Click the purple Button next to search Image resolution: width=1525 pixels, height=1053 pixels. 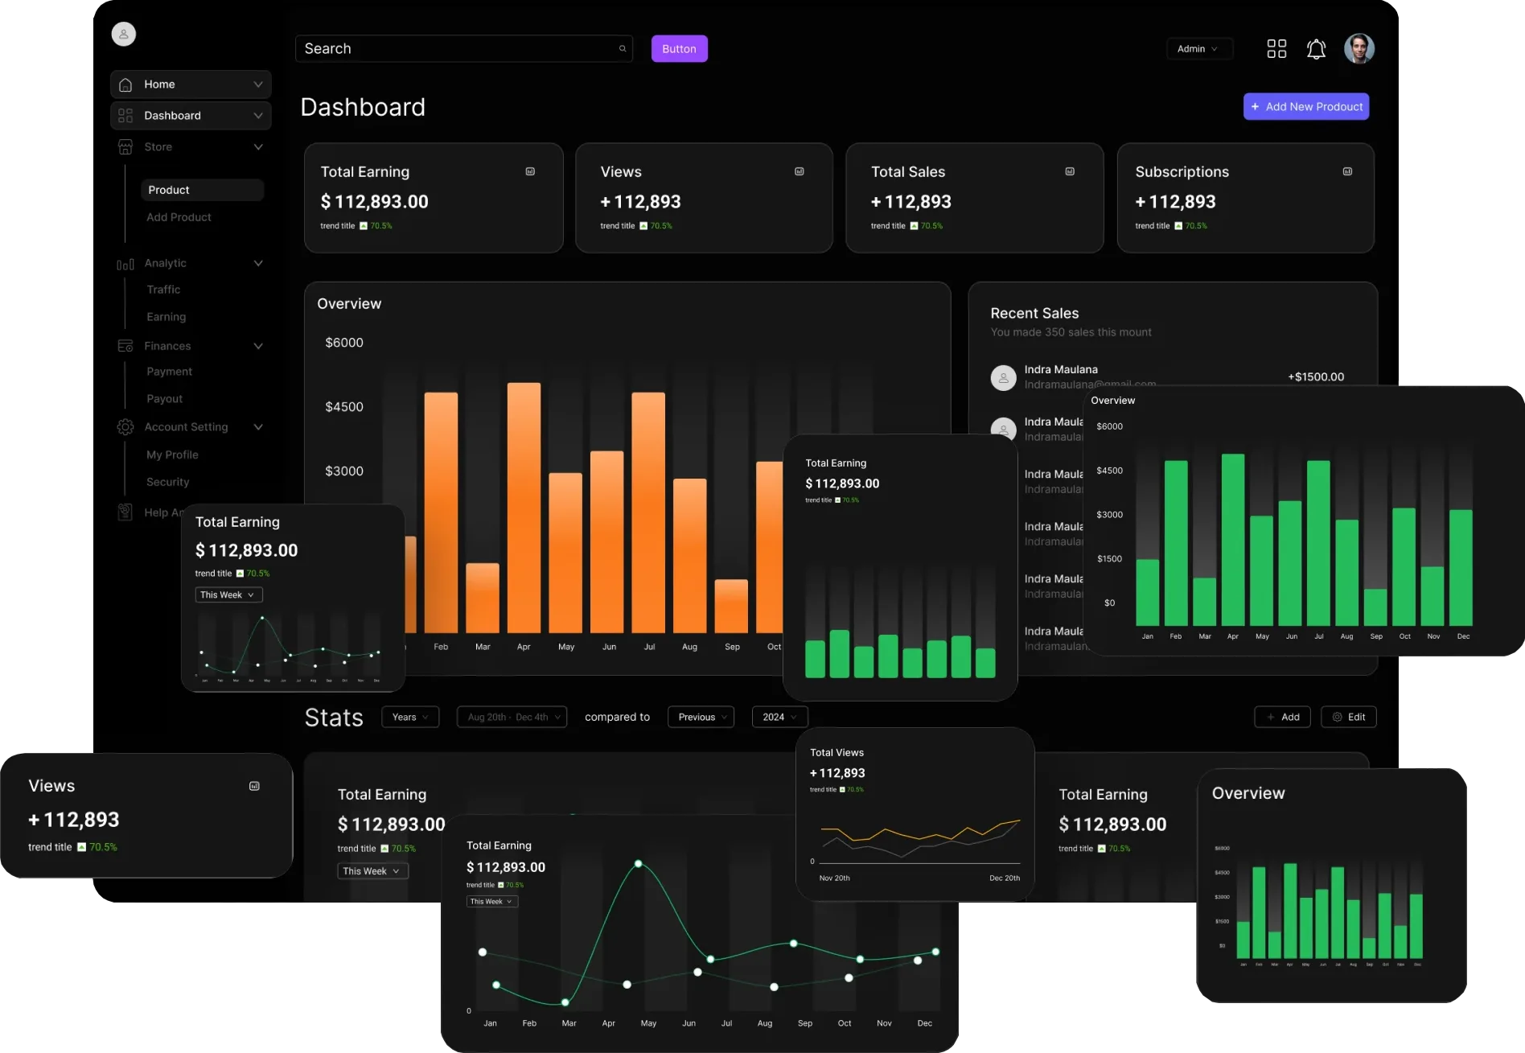(679, 49)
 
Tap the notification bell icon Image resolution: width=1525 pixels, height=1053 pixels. (1316, 49)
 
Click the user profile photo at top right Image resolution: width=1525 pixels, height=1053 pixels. (1359, 49)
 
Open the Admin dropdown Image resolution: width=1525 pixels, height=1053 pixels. (1198, 49)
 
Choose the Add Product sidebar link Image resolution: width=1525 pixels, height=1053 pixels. (179, 217)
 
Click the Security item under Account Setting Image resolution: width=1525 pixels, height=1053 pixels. (167, 482)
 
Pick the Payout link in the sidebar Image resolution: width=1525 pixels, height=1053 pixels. (164, 399)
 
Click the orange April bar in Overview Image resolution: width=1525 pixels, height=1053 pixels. (524, 507)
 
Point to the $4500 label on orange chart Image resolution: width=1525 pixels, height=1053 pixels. (344, 407)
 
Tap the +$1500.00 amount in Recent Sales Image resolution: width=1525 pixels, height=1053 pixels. (1315, 376)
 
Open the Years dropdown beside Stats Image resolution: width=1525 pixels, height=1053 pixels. (410, 717)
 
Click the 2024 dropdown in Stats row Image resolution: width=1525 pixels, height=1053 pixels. (779, 717)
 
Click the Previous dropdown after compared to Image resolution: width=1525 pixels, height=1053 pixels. (701, 717)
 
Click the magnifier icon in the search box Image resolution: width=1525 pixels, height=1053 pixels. (623, 49)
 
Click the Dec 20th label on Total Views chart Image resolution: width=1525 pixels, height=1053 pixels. (1004, 878)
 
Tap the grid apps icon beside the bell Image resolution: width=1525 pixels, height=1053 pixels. (1276, 49)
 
